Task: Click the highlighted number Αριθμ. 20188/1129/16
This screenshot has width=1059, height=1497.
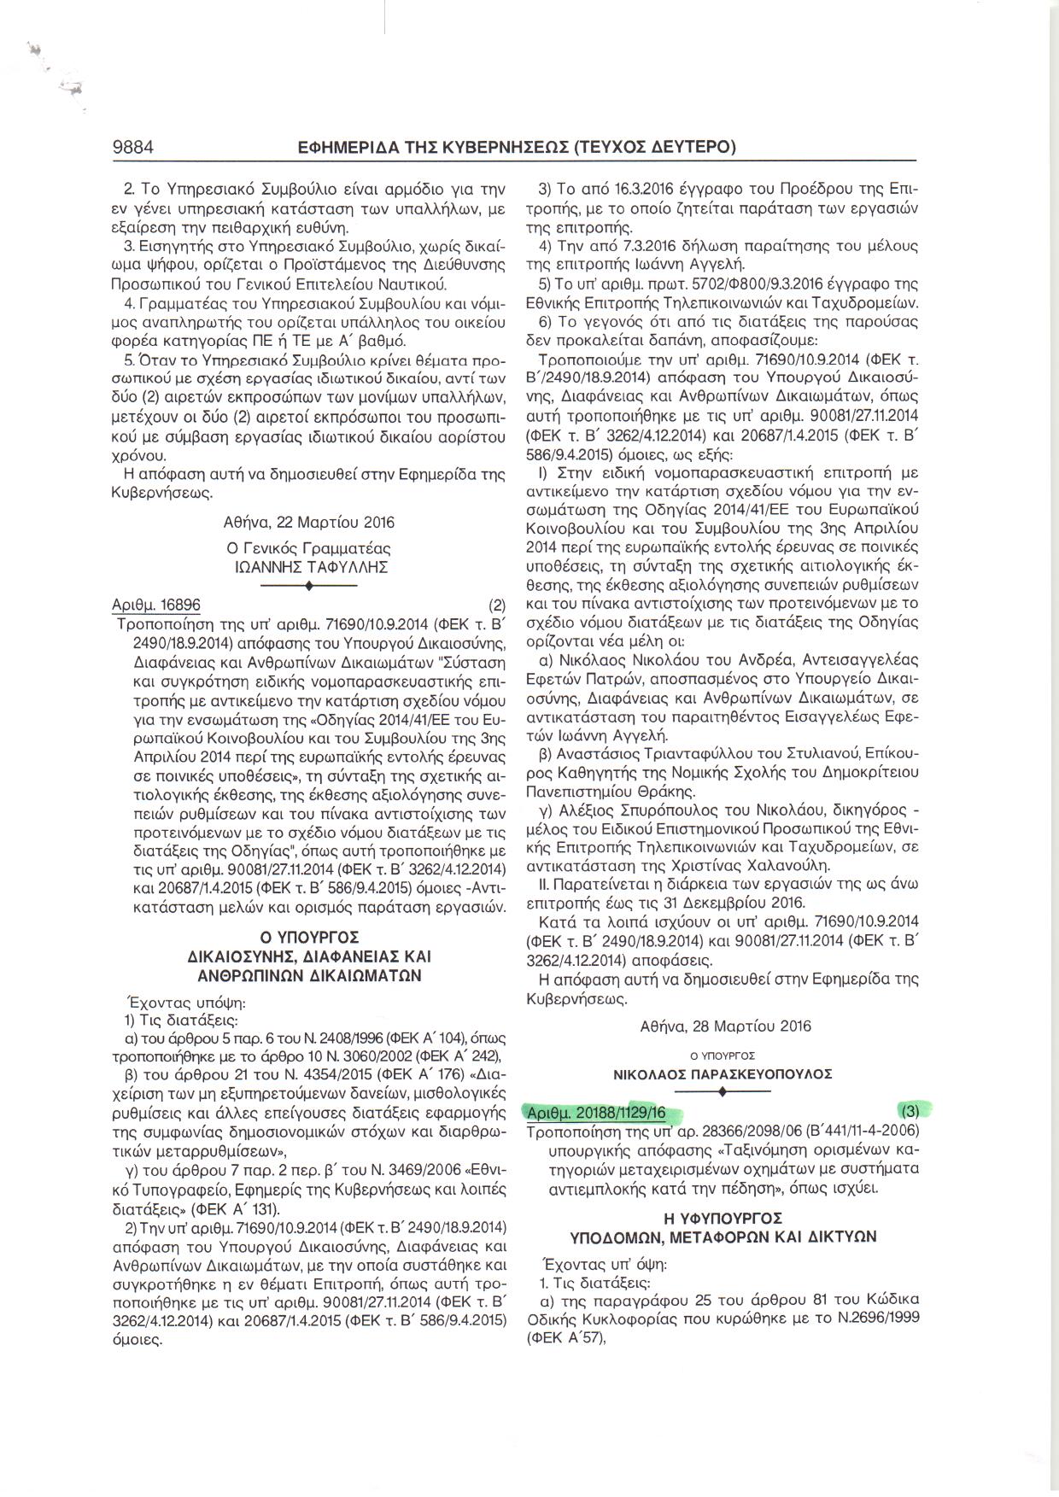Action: (596, 1112)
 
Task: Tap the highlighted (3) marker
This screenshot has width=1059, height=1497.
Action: (910, 1111)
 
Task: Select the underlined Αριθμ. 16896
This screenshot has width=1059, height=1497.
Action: (157, 605)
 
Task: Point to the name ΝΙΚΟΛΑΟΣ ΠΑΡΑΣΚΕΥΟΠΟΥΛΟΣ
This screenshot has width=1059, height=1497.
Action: (723, 1073)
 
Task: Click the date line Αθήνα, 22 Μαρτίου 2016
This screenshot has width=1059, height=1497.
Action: (309, 522)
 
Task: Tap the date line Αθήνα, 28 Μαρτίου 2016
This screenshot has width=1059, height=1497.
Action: (725, 1026)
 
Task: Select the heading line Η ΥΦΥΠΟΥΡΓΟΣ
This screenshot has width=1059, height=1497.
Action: (723, 1219)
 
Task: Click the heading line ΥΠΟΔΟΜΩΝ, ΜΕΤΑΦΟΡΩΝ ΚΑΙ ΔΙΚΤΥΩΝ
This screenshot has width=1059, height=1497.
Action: (723, 1237)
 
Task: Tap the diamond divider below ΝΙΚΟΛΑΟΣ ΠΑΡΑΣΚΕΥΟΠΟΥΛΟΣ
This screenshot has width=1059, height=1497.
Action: (723, 1092)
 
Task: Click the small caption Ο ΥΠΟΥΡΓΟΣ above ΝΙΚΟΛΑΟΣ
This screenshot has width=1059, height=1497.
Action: (723, 1056)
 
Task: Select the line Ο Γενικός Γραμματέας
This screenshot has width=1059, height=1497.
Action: (309, 548)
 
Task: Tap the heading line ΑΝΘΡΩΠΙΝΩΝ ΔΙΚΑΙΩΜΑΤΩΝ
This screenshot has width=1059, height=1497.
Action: (309, 975)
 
